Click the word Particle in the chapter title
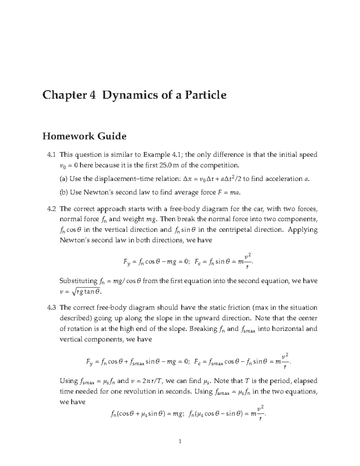pyautogui.click(x=205, y=95)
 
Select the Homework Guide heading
pyautogui.click(x=84, y=136)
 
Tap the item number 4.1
pyautogui.click(x=52, y=155)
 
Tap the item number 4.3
pyautogui.click(x=52, y=308)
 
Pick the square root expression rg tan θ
pyautogui.click(x=87, y=291)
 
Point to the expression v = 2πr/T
pyautogui.click(x=147, y=381)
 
